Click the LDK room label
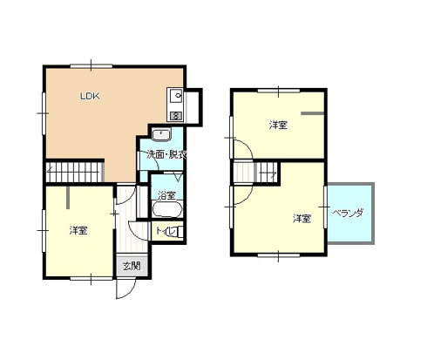90,96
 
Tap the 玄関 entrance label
132,266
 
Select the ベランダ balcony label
348,214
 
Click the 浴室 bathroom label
166,195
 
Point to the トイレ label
163,231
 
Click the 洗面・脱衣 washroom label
166,155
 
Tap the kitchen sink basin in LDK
175,96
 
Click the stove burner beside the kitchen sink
175,116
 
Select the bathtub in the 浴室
167,208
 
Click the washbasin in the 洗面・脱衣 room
161,134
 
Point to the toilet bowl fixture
176,232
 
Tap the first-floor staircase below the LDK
75,172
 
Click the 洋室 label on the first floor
78,231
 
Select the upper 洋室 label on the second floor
278,126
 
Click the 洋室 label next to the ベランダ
302,219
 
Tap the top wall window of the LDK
91,66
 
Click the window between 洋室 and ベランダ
325,207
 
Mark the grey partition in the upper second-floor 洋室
312,113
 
